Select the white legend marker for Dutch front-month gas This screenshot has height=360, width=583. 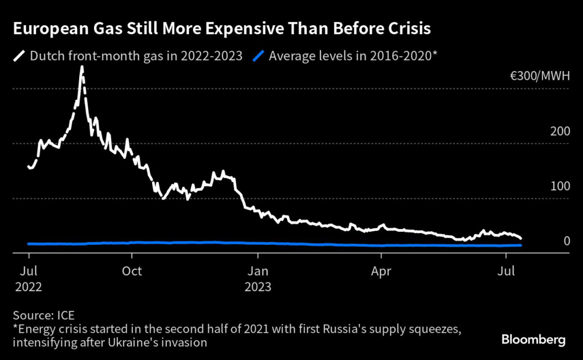[x=20, y=56]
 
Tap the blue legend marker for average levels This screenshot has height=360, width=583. [x=260, y=56]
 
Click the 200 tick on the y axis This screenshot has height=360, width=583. [x=560, y=131]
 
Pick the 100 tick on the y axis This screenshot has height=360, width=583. [x=560, y=186]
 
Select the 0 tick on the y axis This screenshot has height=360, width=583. [x=567, y=242]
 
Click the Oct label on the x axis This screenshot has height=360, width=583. [x=132, y=271]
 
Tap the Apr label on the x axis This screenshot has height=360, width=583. [x=380, y=271]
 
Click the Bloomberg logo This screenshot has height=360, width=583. [x=533, y=340]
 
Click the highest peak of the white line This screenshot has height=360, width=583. [x=82, y=67]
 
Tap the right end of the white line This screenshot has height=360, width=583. [x=521, y=238]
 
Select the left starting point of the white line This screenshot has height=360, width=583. [x=28, y=167]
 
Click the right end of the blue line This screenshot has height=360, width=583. [x=521, y=246]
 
